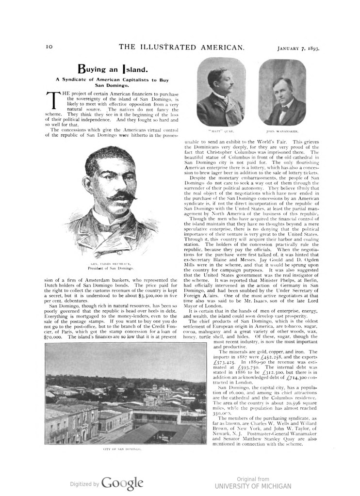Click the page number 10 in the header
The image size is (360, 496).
click(49, 47)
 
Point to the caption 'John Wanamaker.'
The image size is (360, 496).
click(282, 131)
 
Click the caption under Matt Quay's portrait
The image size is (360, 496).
click(221, 131)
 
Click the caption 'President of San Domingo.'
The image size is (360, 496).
click(109, 268)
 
